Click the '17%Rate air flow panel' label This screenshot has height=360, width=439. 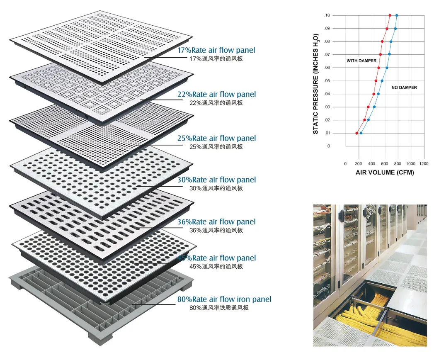click(x=216, y=51)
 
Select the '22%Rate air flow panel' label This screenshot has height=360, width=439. click(x=216, y=95)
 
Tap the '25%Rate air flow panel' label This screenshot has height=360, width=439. click(x=216, y=139)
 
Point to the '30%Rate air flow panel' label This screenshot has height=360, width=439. click(x=216, y=180)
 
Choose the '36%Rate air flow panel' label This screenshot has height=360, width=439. click(x=216, y=222)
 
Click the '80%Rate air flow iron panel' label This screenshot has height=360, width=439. click(x=224, y=299)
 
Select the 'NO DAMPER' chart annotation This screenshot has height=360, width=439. click(x=404, y=88)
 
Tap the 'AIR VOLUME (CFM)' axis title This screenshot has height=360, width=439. click(x=385, y=173)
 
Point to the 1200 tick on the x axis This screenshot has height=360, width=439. click(x=424, y=163)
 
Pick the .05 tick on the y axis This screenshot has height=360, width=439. click(x=327, y=81)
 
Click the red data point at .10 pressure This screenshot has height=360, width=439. click(x=390, y=15)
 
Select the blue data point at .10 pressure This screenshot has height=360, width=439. click(x=397, y=15)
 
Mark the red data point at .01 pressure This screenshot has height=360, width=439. click(x=357, y=133)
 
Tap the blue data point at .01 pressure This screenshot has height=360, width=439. click(x=361, y=133)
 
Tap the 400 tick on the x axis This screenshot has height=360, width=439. click(x=371, y=163)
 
